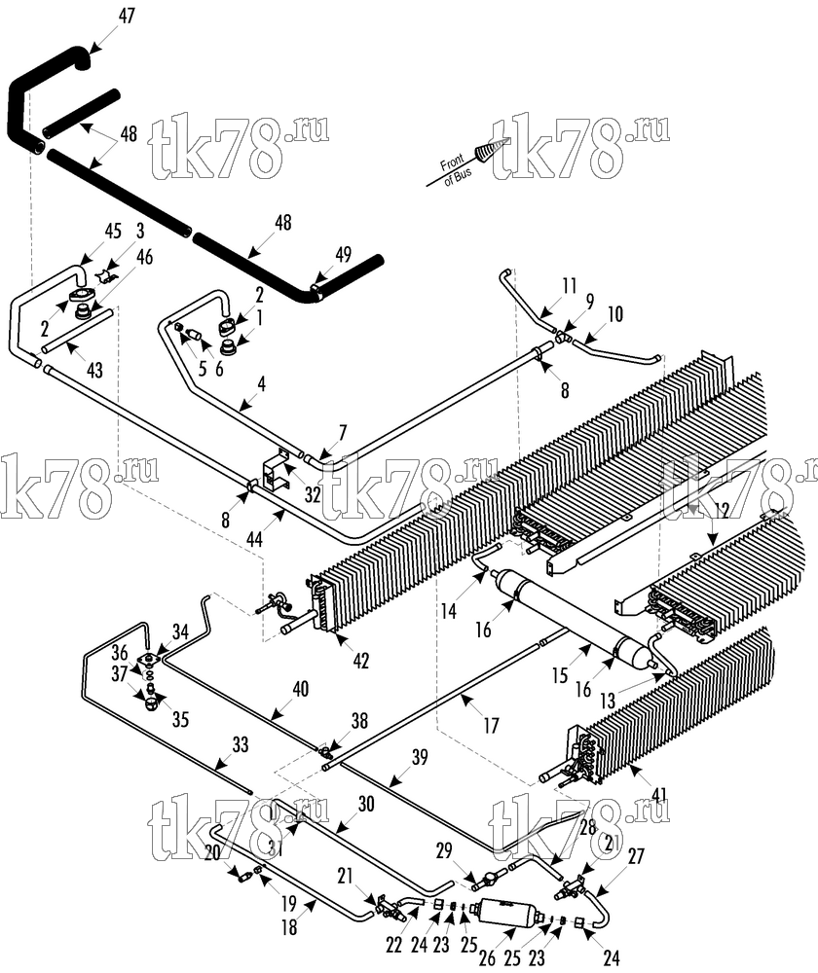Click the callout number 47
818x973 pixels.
tap(126, 16)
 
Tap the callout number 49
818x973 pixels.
tap(343, 254)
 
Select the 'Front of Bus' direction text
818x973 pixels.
tap(456, 168)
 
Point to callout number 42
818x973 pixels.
tap(360, 661)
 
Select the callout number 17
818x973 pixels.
tap(491, 725)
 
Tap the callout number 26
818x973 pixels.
tap(488, 958)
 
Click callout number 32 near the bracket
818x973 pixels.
tap(313, 494)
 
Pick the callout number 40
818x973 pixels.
tap(301, 689)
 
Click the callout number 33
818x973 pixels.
tap(240, 744)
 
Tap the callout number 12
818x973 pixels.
tap(721, 511)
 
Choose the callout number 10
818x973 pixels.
tap(614, 314)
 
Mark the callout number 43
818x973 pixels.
tap(94, 371)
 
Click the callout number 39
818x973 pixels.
tap(420, 757)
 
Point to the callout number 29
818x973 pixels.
tap(443, 850)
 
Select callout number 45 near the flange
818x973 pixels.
tap(113, 232)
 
